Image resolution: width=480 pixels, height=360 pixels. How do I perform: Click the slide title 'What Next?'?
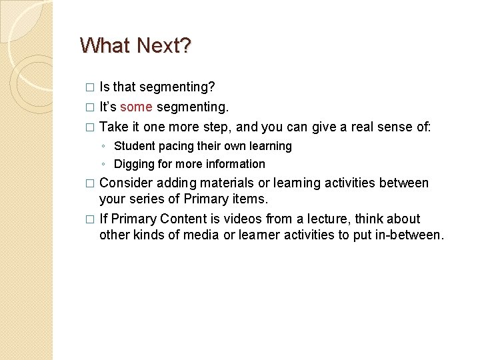pos(135,45)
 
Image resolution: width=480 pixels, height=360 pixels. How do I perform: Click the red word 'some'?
pos(136,107)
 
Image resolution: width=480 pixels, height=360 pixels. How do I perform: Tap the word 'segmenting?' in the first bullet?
pos(179,87)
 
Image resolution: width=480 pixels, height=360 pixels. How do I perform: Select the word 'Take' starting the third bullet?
pos(113,127)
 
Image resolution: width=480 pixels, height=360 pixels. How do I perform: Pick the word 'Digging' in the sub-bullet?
pos(134,164)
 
